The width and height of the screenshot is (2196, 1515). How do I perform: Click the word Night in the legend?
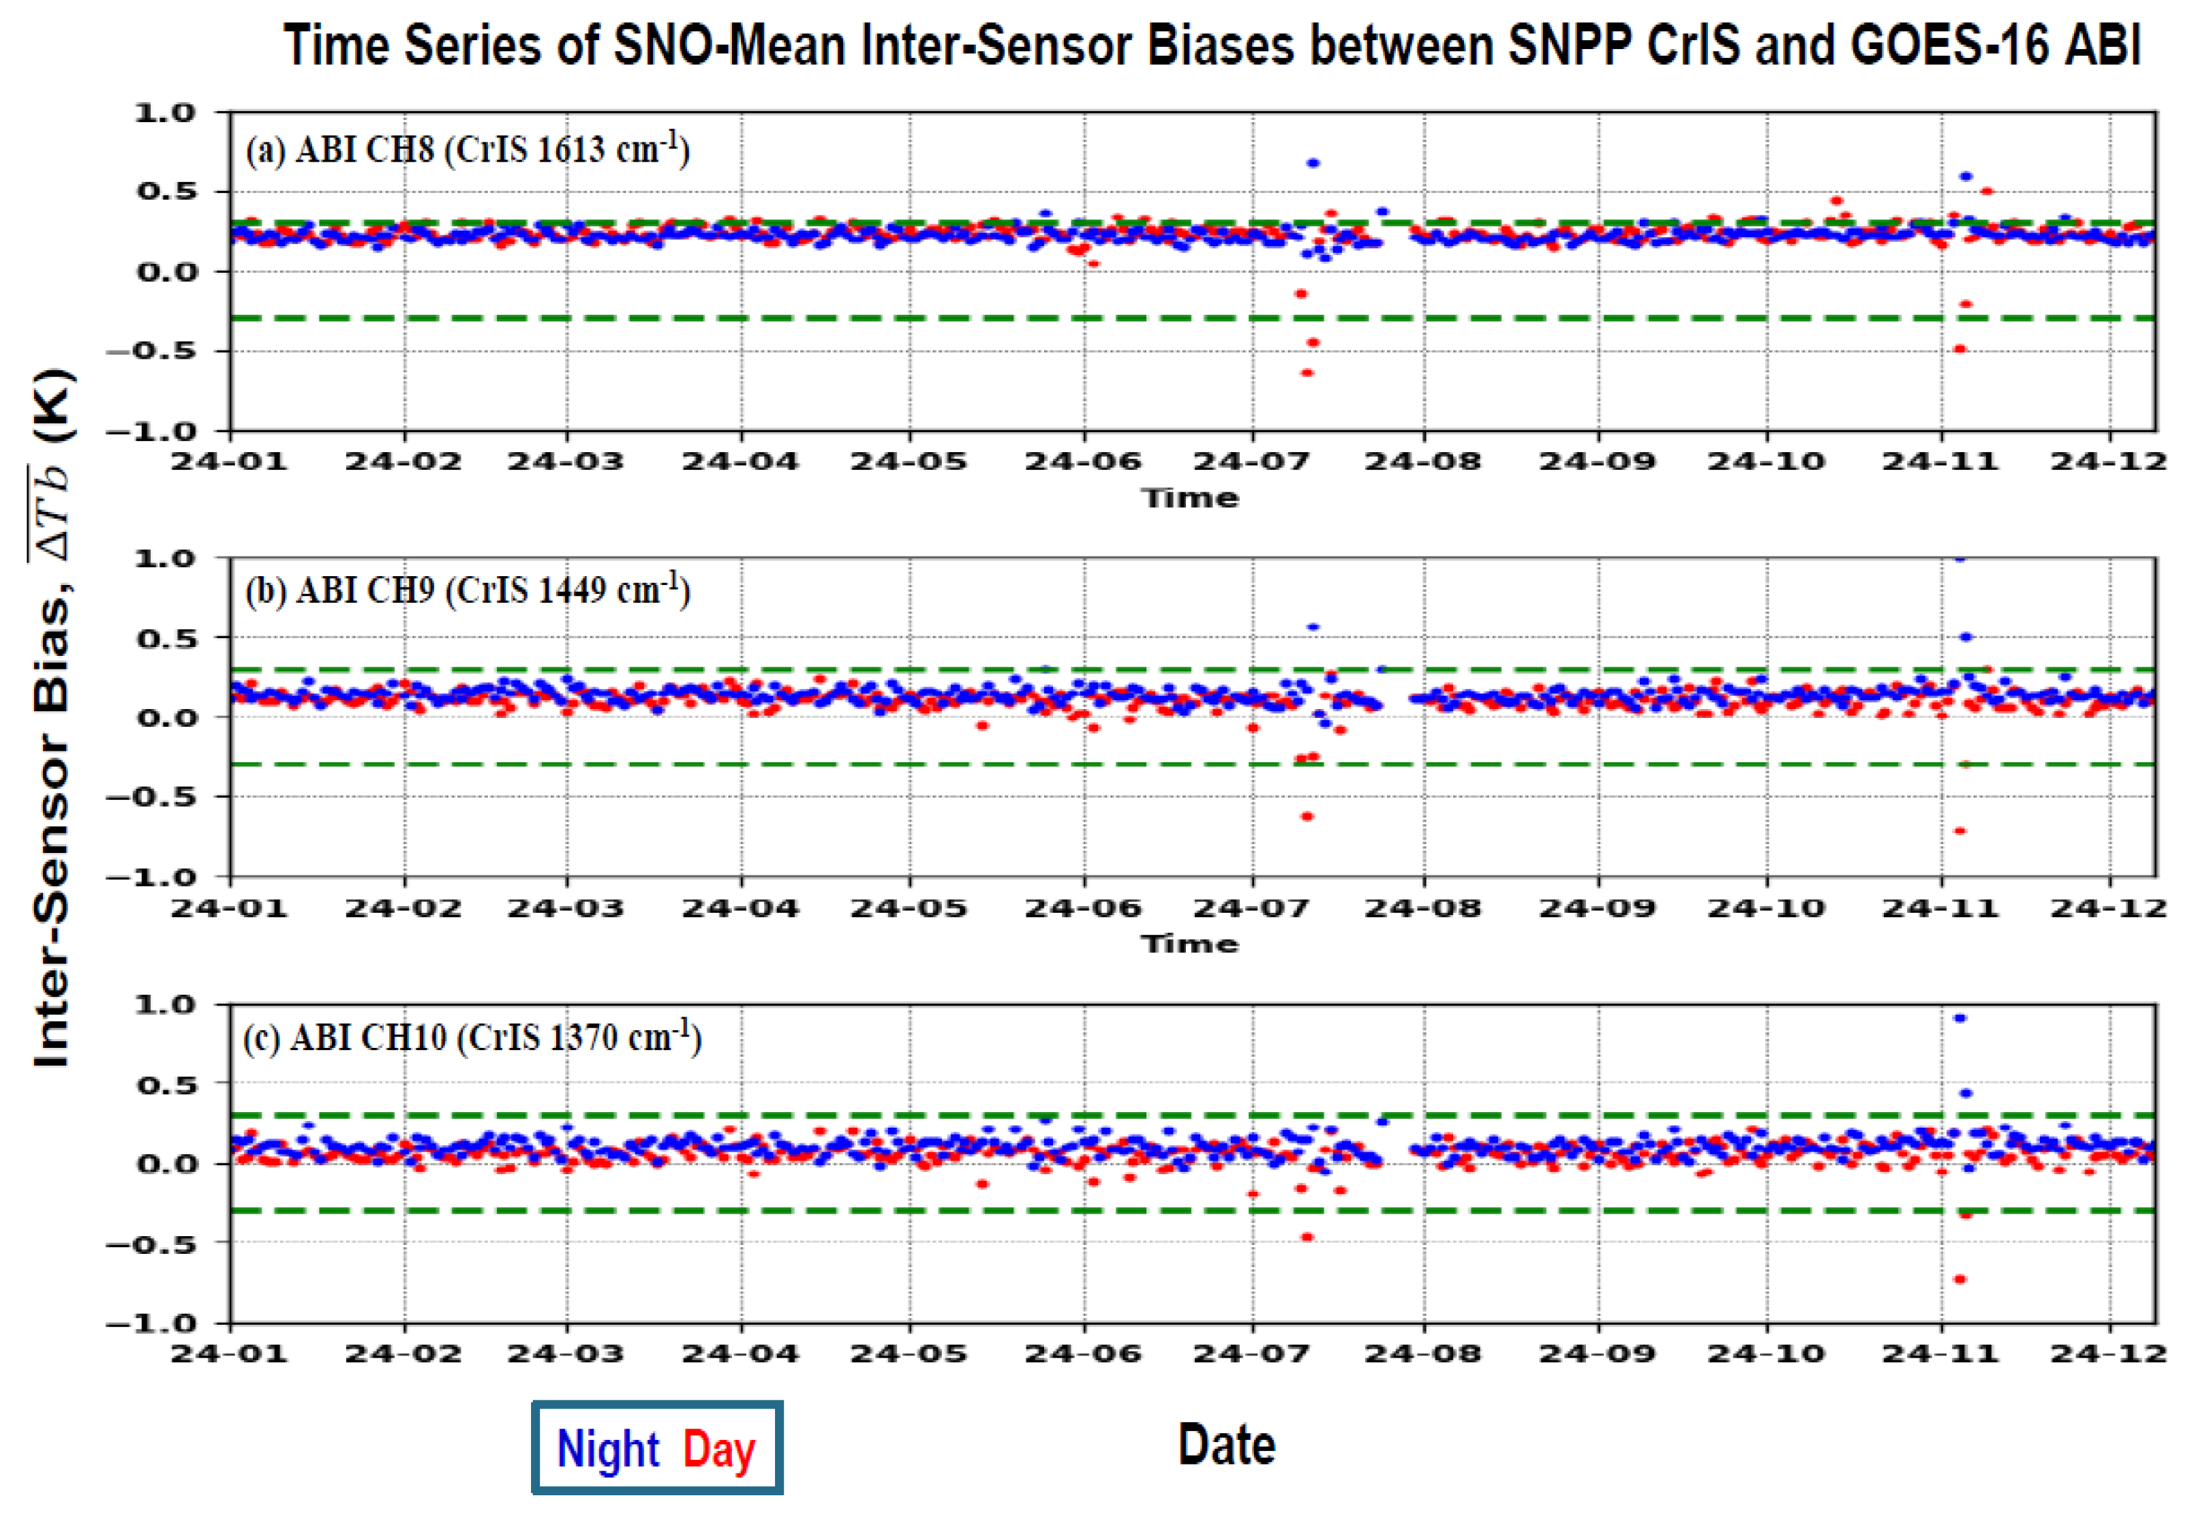click(607, 1450)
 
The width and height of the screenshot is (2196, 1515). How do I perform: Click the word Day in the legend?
click(718, 1450)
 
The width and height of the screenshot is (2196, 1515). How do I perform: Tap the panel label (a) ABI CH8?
click(467, 150)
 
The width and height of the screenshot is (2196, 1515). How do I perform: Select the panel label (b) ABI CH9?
click(467, 590)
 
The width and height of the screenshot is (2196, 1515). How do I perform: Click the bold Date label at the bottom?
click(1226, 1445)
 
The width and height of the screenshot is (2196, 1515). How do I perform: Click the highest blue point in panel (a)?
click(1313, 163)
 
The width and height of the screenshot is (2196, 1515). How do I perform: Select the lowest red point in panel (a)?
click(1307, 373)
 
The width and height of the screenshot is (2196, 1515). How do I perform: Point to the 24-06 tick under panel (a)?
click(1083, 462)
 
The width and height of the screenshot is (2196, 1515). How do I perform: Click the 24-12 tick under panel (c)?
click(2108, 1353)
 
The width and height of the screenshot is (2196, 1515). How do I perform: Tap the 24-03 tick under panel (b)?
click(566, 907)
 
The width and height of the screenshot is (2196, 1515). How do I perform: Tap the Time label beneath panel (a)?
click(1190, 498)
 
